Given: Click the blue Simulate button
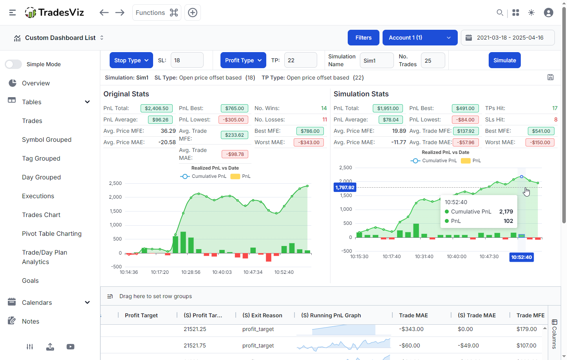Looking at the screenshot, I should pos(504,60).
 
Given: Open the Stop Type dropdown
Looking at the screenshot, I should pos(131,60).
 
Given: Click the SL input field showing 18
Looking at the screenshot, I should pos(187,60).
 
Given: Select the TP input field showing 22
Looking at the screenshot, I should pos(300,60).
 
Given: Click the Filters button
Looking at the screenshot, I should pos(363,38).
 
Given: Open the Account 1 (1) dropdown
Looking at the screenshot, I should pos(420,38).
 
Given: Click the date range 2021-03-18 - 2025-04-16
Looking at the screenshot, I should pos(508,38).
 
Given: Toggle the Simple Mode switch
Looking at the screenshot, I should pos(13,64).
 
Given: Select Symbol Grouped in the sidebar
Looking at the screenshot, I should pos(47,139).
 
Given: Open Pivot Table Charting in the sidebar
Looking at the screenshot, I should pos(52,233).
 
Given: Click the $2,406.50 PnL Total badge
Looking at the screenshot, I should pos(157,109).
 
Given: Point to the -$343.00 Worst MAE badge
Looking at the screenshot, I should pos(309,143).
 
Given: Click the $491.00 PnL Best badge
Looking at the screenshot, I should pos(465,109).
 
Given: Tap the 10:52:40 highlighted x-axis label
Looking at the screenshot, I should pos(522,257).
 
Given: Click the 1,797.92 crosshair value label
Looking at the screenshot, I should pos(345,188).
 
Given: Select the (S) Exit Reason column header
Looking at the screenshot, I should pos(262,315).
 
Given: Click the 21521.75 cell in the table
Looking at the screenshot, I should pos(195,346).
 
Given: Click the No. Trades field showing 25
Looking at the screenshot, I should pos(433,61).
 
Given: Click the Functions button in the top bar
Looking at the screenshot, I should pos(157,13).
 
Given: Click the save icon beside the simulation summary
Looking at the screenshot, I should pos(550,78).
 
